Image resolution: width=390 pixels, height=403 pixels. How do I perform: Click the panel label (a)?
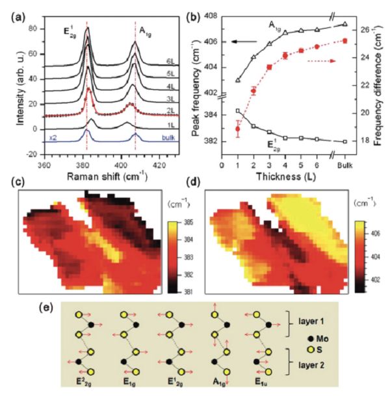pos(16,9)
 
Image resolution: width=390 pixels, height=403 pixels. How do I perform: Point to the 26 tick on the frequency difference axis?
pos(364,30)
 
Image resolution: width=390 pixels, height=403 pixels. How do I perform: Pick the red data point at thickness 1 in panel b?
pos(238,129)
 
